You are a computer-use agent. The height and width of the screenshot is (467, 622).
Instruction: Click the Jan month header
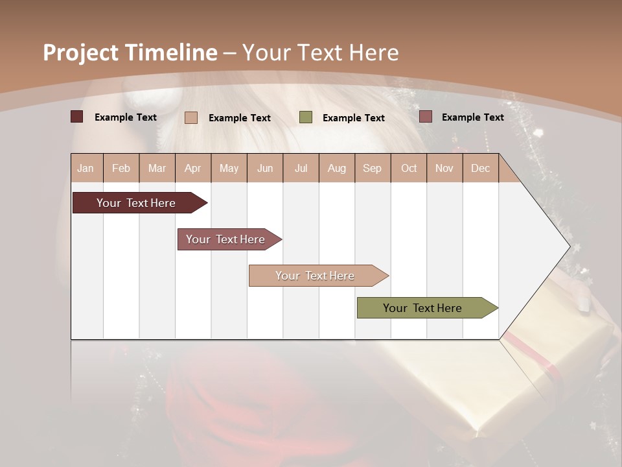tap(86, 168)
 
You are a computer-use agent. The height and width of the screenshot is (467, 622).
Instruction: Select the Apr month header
tap(192, 168)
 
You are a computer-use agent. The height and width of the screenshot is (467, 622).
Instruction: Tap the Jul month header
tap(301, 168)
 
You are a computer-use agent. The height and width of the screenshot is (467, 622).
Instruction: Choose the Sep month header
tap(372, 168)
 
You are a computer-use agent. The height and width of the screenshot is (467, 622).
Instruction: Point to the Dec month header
tap(480, 168)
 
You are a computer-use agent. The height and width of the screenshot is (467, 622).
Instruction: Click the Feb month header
tap(121, 168)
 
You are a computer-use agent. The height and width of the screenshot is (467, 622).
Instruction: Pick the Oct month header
tap(409, 168)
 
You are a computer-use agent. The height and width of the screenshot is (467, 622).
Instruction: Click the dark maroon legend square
tap(76, 117)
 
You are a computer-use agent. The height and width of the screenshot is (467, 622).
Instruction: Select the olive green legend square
tap(306, 117)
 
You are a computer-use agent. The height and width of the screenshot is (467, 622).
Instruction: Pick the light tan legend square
tap(191, 117)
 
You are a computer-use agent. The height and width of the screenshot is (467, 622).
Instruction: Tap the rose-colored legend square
tap(426, 117)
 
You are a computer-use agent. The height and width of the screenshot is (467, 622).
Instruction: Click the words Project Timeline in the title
tap(130, 53)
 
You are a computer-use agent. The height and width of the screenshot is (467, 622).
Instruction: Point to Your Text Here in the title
tap(321, 53)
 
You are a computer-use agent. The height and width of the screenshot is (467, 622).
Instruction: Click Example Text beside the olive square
tap(353, 118)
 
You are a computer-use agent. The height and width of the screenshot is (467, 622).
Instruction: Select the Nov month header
tap(444, 168)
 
